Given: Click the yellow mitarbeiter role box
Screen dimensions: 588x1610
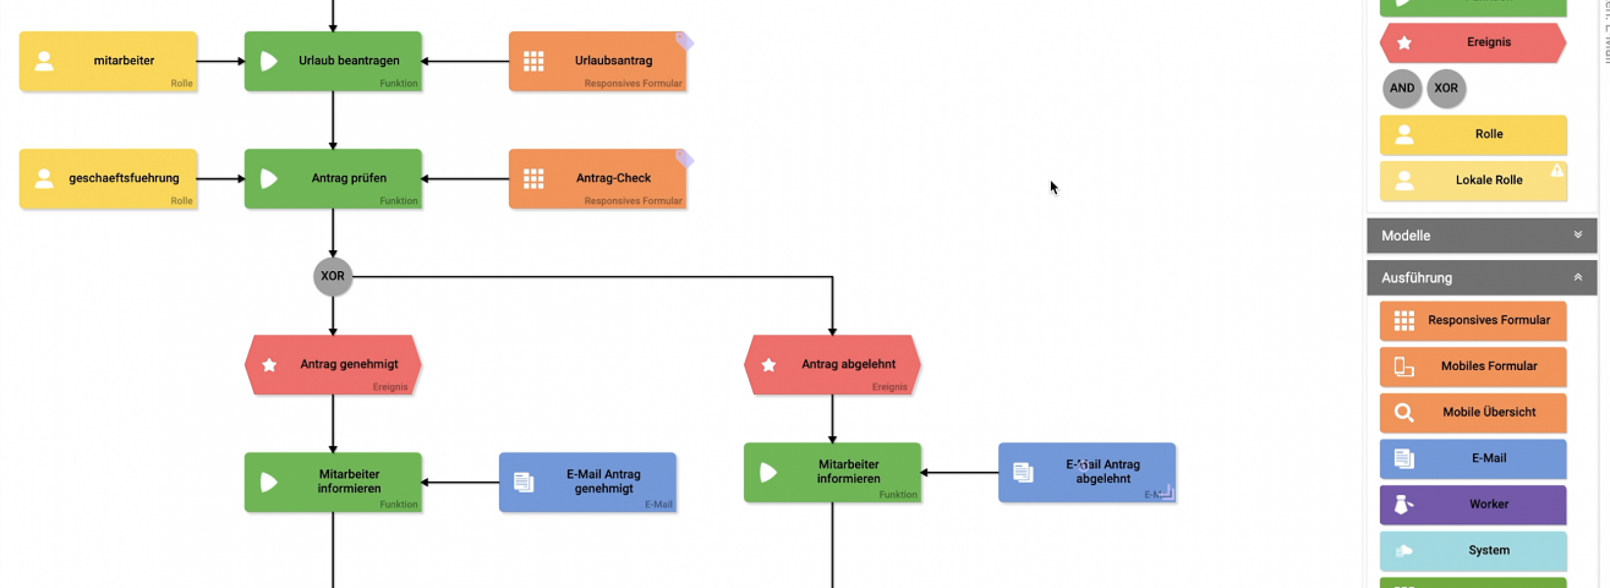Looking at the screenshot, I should pyautogui.click(x=108, y=61).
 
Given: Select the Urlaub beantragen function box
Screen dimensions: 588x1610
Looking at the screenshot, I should pyautogui.click(x=333, y=61).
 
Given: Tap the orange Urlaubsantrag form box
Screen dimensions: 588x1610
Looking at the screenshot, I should pyautogui.click(x=598, y=61).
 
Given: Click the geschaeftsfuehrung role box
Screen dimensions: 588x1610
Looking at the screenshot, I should pyautogui.click(x=108, y=179).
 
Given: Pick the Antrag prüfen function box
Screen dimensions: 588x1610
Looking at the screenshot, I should pyautogui.click(x=333, y=179).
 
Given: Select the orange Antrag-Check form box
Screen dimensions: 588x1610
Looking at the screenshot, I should pyautogui.click(x=598, y=179).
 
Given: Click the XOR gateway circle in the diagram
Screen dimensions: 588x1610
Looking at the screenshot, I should pyautogui.click(x=333, y=276).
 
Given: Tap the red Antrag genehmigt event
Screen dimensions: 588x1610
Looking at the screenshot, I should pyautogui.click(x=333, y=365).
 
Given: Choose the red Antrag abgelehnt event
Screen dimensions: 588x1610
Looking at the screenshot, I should pyautogui.click(x=832, y=365).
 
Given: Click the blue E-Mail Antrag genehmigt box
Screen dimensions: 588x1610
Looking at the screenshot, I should pyautogui.click(x=588, y=482).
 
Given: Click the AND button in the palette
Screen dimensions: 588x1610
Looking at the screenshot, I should pyautogui.click(x=1402, y=88).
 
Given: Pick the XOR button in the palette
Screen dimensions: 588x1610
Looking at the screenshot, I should pyautogui.click(x=1446, y=88).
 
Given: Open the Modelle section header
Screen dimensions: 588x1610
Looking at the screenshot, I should pyautogui.click(x=1481, y=236).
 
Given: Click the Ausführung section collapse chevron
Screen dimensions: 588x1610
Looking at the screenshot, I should pyautogui.click(x=1578, y=277).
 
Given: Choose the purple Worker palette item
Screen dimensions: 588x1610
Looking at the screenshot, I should pyautogui.click(x=1473, y=504).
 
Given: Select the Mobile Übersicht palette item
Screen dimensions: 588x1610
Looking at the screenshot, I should pyautogui.click(x=1473, y=412).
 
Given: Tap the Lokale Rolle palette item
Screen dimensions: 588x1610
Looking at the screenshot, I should pyautogui.click(x=1473, y=181).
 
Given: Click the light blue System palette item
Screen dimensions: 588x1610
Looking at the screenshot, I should pyautogui.click(x=1473, y=550).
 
